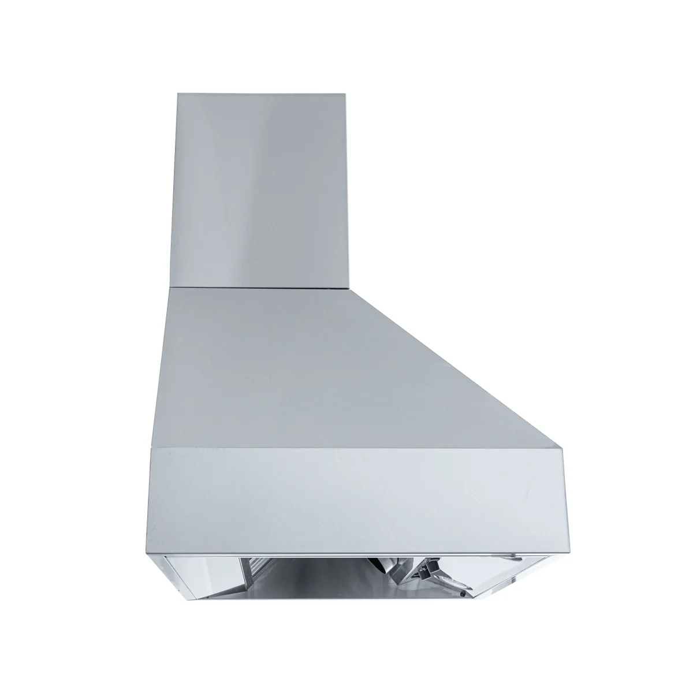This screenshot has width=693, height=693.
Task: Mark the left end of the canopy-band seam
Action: tap(151, 448)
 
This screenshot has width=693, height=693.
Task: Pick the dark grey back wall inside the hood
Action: tap(323, 583)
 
